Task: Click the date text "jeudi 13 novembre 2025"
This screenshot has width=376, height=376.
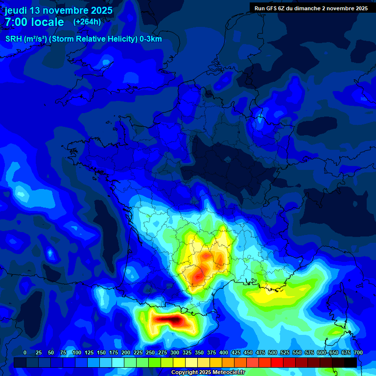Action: tap(59, 10)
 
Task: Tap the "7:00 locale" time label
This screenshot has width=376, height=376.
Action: tap(34, 22)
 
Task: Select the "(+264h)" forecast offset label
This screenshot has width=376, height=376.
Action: tap(87, 22)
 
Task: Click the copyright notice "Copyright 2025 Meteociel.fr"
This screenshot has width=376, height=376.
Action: tap(208, 373)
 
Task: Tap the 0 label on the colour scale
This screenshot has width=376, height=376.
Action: tap(25, 352)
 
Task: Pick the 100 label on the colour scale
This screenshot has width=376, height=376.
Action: tap(77, 352)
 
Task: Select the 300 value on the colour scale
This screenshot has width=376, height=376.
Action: tap(175, 352)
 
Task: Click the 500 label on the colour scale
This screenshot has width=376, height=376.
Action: tap(273, 352)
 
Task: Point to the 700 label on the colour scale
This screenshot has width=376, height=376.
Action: tap(358, 352)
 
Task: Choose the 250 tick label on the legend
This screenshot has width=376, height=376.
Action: tap(150, 352)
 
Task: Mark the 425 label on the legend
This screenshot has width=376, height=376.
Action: tap(236, 352)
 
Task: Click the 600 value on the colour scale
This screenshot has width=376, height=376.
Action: tap(322, 352)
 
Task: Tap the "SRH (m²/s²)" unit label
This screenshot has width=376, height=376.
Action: tap(25, 39)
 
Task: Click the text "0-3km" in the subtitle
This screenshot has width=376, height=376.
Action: tap(151, 39)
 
